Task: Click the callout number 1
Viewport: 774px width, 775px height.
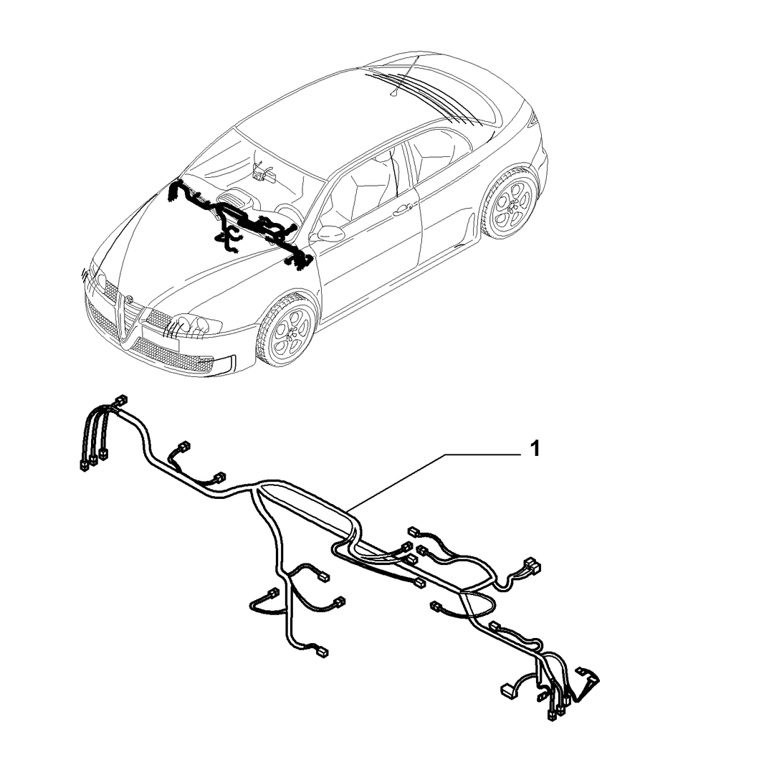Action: click(x=535, y=450)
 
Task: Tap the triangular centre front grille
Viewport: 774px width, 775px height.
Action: click(x=130, y=319)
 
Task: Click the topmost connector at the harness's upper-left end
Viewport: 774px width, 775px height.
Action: click(x=120, y=400)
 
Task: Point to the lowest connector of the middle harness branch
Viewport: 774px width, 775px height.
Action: click(x=322, y=652)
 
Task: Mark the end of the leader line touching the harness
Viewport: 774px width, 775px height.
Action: click(x=347, y=509)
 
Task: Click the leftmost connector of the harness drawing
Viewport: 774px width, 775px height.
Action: click(x=83, y=465)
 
